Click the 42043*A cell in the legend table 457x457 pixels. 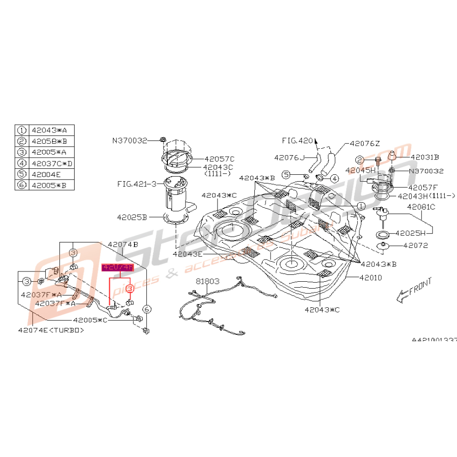52,131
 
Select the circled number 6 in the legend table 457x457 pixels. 22,185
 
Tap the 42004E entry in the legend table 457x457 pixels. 46,174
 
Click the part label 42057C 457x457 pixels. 219,159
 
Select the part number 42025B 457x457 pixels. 132,216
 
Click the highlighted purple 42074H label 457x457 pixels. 117,267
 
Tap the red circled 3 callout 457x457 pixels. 130,288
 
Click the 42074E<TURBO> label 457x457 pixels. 51,330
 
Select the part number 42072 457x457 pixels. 416,245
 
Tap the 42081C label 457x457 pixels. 421,207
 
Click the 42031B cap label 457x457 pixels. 425,157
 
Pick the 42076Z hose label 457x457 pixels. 364,144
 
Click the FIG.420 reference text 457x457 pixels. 297,140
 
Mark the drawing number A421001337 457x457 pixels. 434,339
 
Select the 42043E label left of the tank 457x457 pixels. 188,254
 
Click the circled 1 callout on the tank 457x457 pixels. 361,206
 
